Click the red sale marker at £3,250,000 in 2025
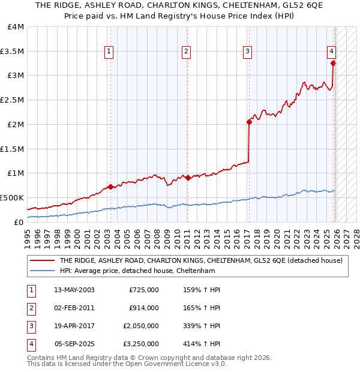(334, 62)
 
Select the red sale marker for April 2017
(249, 122)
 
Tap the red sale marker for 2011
(188, 178)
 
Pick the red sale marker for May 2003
(110, 187)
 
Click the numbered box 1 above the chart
(109, 52)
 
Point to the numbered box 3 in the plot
(247, 52)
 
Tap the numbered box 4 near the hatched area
(331, 52)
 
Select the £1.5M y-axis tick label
(12, 149)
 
